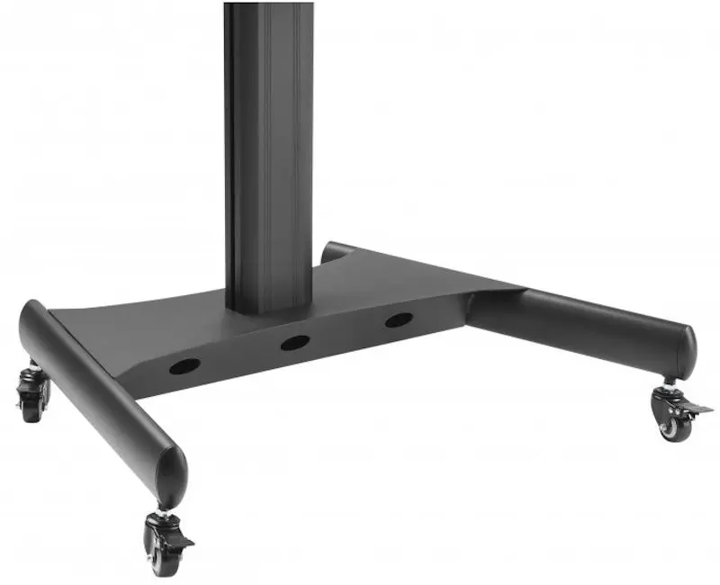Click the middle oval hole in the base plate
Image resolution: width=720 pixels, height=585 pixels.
[294, 343]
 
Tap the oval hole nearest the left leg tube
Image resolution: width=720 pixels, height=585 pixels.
[184, 366]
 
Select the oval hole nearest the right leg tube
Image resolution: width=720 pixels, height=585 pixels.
[399, 319]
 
